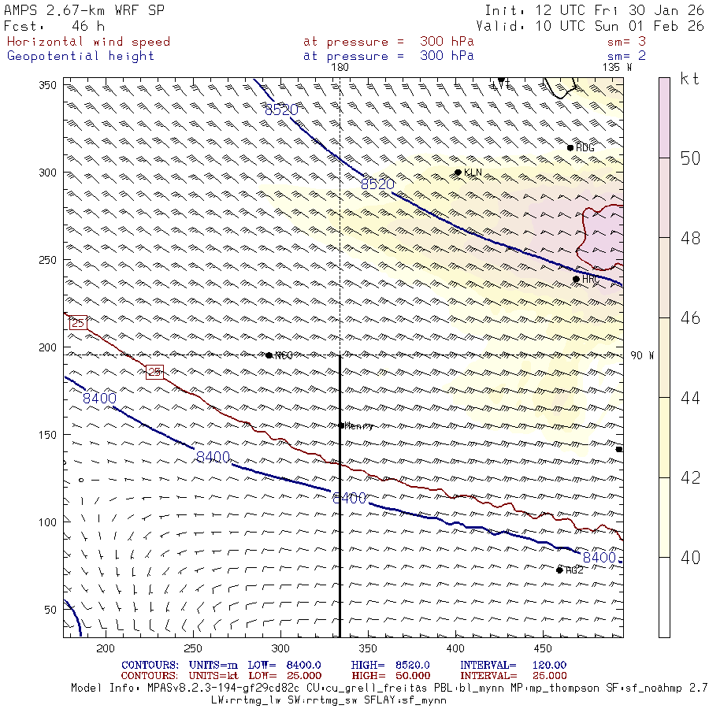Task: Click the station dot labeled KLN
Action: (x=458, y=173)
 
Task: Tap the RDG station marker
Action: (x=570, y=147)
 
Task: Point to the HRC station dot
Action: (x=576, y=279)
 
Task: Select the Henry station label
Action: (x=358, y=426)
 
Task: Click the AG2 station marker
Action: (x=559, y=570)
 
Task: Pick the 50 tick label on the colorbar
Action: (x=690, y=158)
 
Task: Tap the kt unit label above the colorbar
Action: (x=690, y=79)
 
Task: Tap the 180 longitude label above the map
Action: (x=340, y=68)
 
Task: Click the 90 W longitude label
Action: (x=642, y=356)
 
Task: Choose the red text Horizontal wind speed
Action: (x=88, y=42)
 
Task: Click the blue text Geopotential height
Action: (x=81, y=56)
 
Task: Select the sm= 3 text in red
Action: (x=626, y=42)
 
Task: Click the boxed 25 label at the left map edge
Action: (x=78, y=323)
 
